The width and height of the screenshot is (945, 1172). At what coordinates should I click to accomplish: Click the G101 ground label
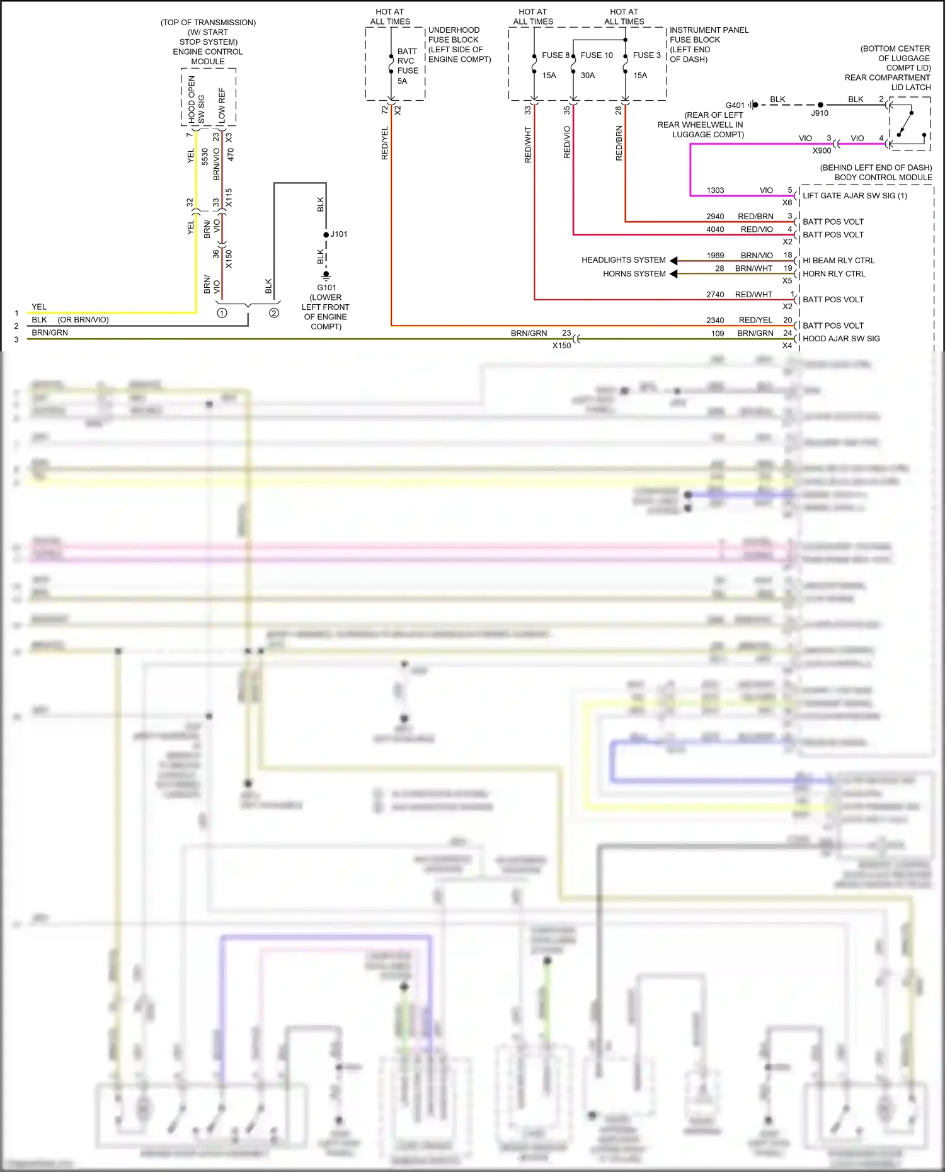coord(326,288)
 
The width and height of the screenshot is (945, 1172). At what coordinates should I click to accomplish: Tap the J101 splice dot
coord(326,235)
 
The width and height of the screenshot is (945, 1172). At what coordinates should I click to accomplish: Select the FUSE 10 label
coord(596,55)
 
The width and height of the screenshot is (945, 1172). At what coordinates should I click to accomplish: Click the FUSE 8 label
coord(555,55)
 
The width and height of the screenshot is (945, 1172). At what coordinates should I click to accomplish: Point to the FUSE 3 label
coord(646,55)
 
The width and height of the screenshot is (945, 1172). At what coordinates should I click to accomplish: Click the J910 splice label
coord(819,113)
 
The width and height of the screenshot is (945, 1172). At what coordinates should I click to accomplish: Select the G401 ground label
coord(735,106)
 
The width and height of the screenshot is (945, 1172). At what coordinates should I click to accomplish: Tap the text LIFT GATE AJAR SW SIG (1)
coord(854,196)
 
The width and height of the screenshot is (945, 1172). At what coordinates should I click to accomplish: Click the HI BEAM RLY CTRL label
coord(838,261)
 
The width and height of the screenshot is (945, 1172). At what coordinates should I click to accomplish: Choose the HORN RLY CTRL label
coord(833,274)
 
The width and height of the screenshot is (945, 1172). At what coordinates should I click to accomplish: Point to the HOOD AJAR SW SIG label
coord(841,339)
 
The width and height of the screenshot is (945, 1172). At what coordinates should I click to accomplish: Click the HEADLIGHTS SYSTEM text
coord(623,260)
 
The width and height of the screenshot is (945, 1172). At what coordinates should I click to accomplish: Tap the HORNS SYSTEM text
coord(634,274)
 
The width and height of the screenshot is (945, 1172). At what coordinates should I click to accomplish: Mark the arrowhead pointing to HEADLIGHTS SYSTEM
coord(673,261)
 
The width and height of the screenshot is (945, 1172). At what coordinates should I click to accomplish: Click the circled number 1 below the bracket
coord(222,313)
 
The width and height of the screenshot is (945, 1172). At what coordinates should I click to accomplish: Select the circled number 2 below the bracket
coord(274,313)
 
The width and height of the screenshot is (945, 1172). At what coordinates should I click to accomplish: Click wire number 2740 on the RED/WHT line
coord(715,295)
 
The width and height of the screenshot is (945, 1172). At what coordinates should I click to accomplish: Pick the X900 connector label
coord(822,151)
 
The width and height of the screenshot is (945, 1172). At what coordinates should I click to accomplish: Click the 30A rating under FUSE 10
coord(587,76)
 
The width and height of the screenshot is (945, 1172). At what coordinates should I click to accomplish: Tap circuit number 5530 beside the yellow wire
coord(205,157)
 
